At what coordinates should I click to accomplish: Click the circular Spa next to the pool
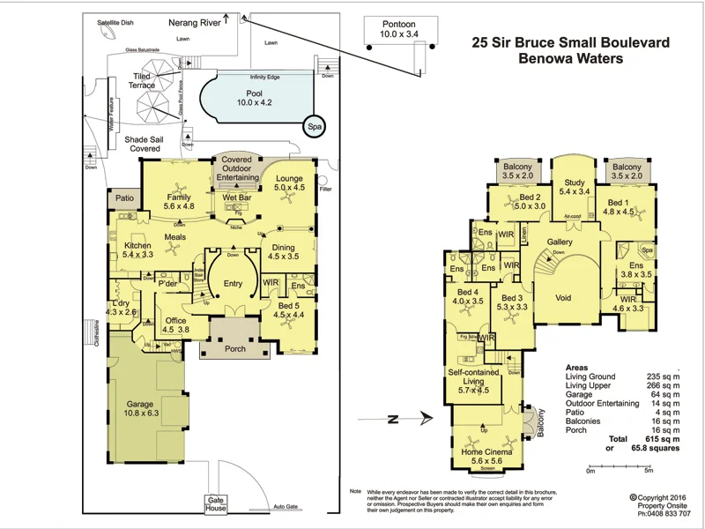(313, 126)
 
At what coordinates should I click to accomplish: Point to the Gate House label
(216, 503)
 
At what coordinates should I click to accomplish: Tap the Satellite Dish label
(115, 23)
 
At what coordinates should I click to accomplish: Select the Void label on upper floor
(563, 297)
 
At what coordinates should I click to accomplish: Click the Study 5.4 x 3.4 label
(568, 187)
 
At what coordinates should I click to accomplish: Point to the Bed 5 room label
(288, 309)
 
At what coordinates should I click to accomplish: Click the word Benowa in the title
(543, 59)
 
